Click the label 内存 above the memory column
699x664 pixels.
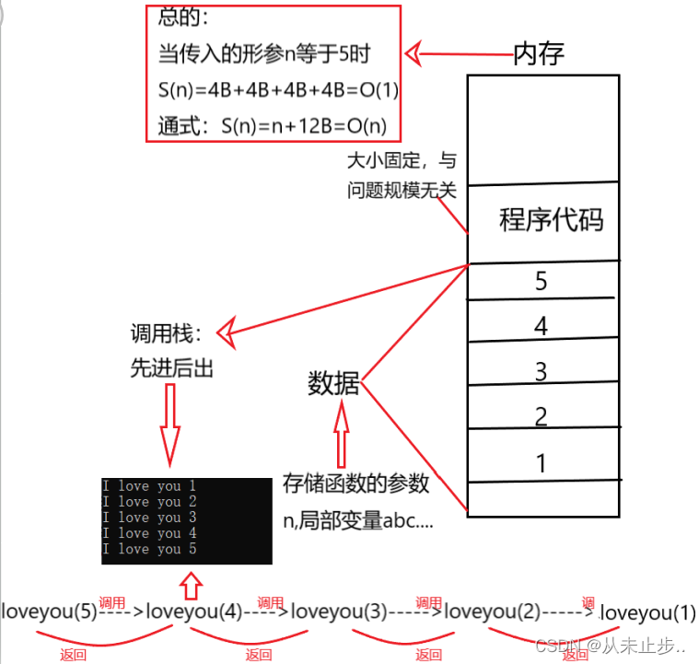pyautogui.click(x=539, y=53)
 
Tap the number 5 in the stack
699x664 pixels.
pyautogui.click(x=542, y=281)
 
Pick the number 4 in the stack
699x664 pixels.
pyautogui.click(x=542, y=326)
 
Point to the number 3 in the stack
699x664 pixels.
pyautogui.click(x=542, y=371)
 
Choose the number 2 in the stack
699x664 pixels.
pyautogui.click(x=542, y=415)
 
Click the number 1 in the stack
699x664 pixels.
pyautogui.click(x=542, y=461)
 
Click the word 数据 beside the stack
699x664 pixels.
pyautogui.click(x=333, y=384)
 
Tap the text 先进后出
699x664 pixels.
pyautogui.click(x=172, y=369)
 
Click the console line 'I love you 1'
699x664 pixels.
pyautogui.click(x=149, y=485)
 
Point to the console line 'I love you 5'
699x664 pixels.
pyautogui.click(x=149, y=549)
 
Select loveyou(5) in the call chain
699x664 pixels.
pyautogui.click(x=49, y=611)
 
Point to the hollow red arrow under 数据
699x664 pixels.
pyautogui.click(x=343, y=437)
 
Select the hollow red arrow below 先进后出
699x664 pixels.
pyautogui.click(x=169, y=423)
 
